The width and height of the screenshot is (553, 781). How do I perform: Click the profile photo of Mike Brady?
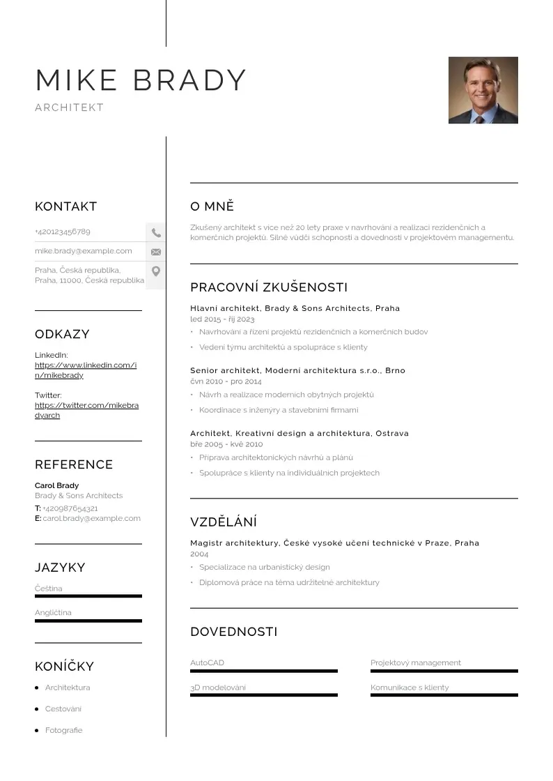click(x=483, y=90)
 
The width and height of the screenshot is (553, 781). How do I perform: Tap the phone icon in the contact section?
click(x=156, y=233)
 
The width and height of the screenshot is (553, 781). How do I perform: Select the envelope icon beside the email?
click(x=156, y=252)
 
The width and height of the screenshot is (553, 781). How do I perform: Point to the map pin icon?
click(x=156, y=271)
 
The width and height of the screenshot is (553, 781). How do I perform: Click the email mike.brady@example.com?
click(x=84, y=251)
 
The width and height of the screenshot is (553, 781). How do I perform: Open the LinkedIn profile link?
click(x=86, y=370)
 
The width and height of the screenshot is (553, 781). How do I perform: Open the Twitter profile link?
click(x=86, y=410)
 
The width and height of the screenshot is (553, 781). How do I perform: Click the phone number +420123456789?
click(x=63, y=232)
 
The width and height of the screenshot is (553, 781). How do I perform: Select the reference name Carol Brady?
click(x=57, y=485)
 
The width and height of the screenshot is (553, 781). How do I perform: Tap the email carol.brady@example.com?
click(x=91, y=518)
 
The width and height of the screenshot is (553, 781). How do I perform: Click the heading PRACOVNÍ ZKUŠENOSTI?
click(x=269, y=287)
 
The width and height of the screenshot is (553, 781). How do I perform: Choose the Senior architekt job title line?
click(x=297, y=370)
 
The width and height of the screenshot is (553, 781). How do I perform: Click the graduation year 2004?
click(x=199, y=553)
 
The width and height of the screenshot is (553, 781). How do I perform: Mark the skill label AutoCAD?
click(x=208, y=662)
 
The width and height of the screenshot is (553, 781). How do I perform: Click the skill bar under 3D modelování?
click(x=263, y=695)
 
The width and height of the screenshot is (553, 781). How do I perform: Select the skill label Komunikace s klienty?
click(x=410, y=688)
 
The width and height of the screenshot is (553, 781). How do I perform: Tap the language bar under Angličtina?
click(x=88, y=621)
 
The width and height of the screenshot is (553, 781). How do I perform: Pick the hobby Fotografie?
click(x=63, y=730)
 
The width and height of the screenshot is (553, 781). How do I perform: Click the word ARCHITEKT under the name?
click(x=69, y=107)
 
